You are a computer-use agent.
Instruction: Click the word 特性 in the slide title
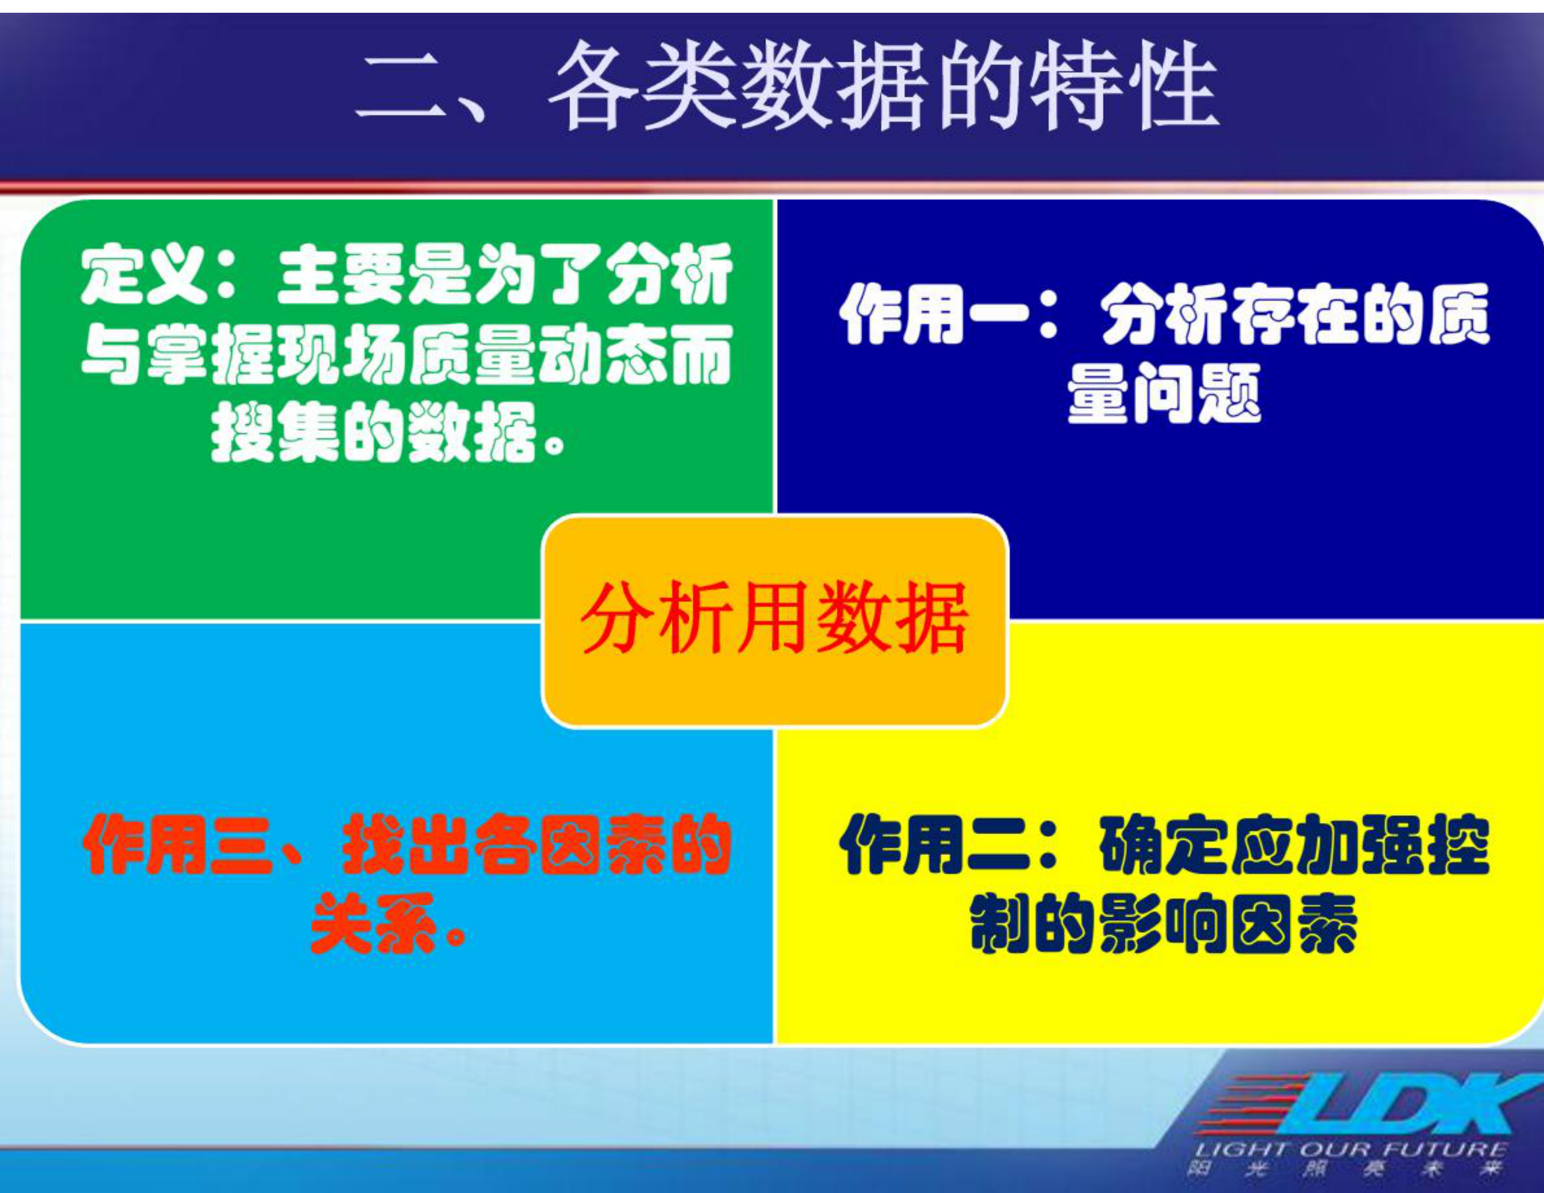1123,86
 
